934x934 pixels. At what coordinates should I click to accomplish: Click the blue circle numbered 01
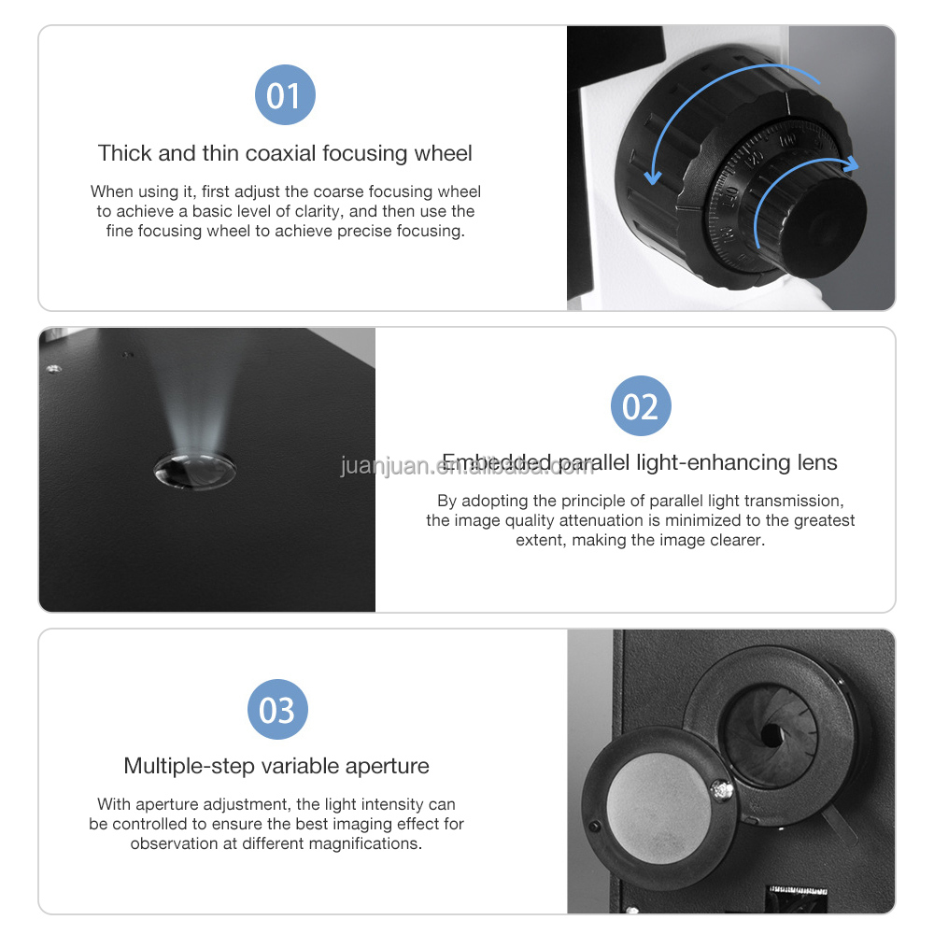coord(285,95)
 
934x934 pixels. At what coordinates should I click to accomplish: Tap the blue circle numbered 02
coord(641,405)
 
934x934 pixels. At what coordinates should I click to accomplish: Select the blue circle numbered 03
coord(277,710)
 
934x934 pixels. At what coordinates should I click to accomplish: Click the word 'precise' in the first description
coord(355,231)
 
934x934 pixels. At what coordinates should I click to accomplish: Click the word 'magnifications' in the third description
coord(366,843)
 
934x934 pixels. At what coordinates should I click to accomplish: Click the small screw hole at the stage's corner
coord(54,369)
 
